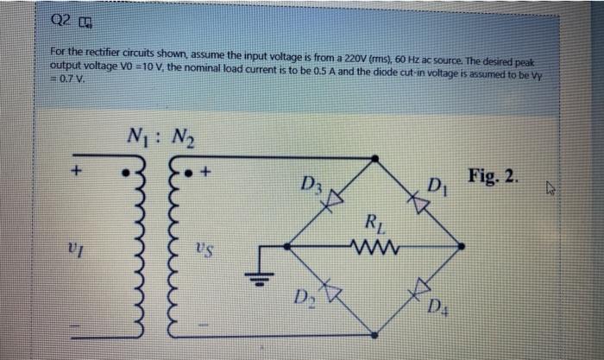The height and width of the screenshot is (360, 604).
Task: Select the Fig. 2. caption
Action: pos(495,177)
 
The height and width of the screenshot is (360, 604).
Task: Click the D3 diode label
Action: pos(309,184)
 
